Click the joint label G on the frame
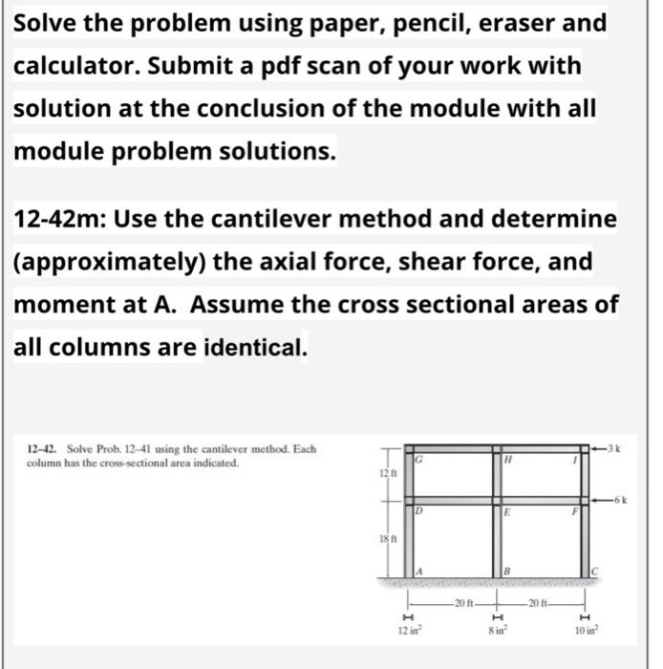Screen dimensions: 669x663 (x=419, y=460)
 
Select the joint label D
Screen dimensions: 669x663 (x=419, y=512)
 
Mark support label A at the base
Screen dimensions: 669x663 (x=419, y=572)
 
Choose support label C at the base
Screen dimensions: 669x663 (x=595, y=572)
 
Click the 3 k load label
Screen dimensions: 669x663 (x=613, y=446)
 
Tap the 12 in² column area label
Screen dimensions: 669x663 (x=409, y=630)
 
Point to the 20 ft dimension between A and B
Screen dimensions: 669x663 (x=467, y=604)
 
